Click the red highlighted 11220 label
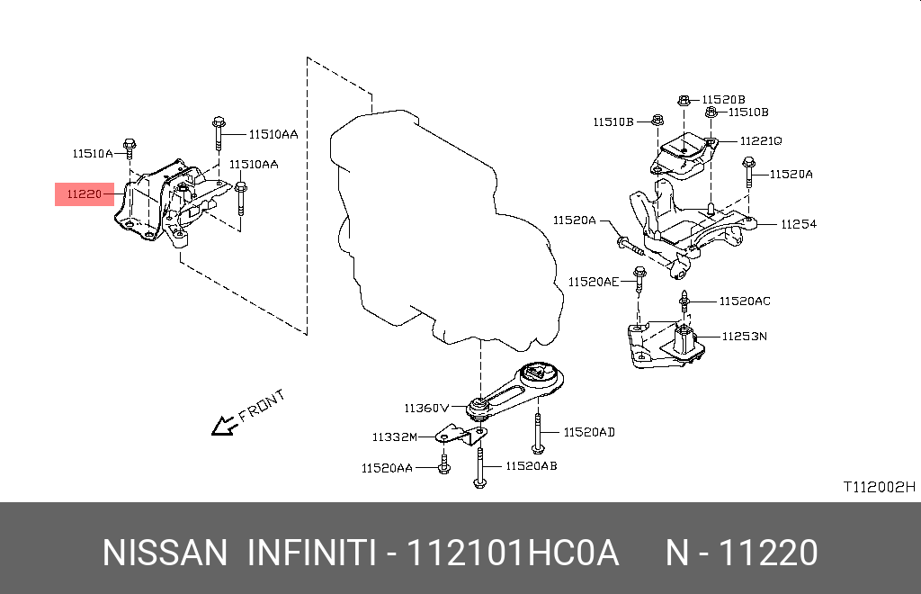point(84,193)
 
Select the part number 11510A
point(94,154)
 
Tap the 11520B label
point(724,99)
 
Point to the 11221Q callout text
point(761,141)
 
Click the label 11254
point(798,224)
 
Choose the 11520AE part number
point(593,282)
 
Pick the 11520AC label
point(744,301)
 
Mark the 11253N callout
point(744,337)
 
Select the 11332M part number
point(395,437)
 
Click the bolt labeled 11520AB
point(480,468)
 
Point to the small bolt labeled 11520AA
point(444,466)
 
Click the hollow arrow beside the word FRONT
point(222,426)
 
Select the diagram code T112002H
point(878,487)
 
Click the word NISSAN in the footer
point(165,553)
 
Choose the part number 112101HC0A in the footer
point(513,553)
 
